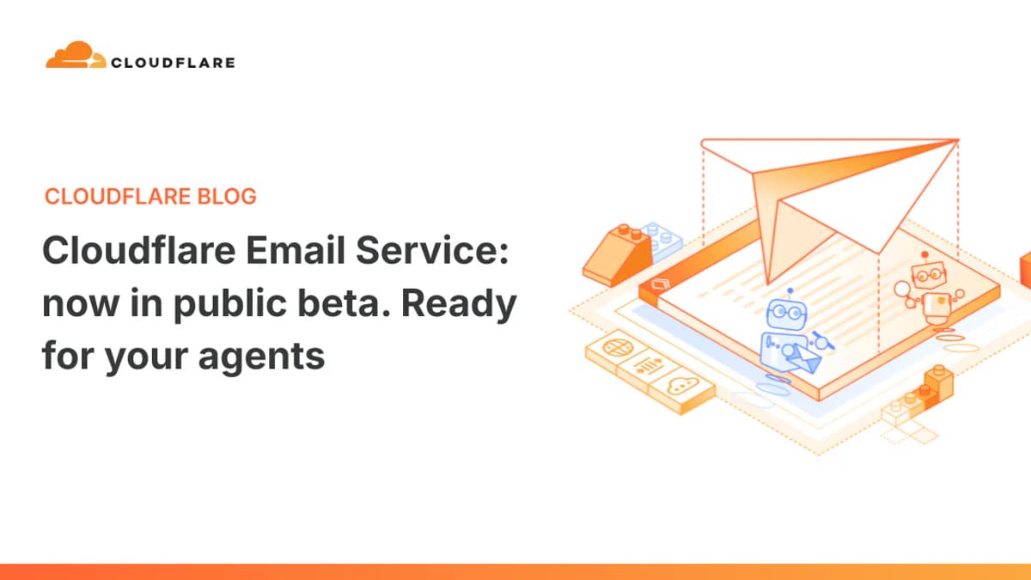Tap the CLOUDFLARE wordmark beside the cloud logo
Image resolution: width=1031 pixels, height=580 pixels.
tap(173, 62)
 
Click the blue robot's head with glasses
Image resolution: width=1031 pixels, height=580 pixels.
tap(785, 310)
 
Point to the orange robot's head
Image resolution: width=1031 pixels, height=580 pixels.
tap(926, 274)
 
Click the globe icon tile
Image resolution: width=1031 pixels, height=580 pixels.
tap(615, 349)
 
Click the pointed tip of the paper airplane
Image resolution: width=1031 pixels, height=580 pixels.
tap(956, 141)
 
